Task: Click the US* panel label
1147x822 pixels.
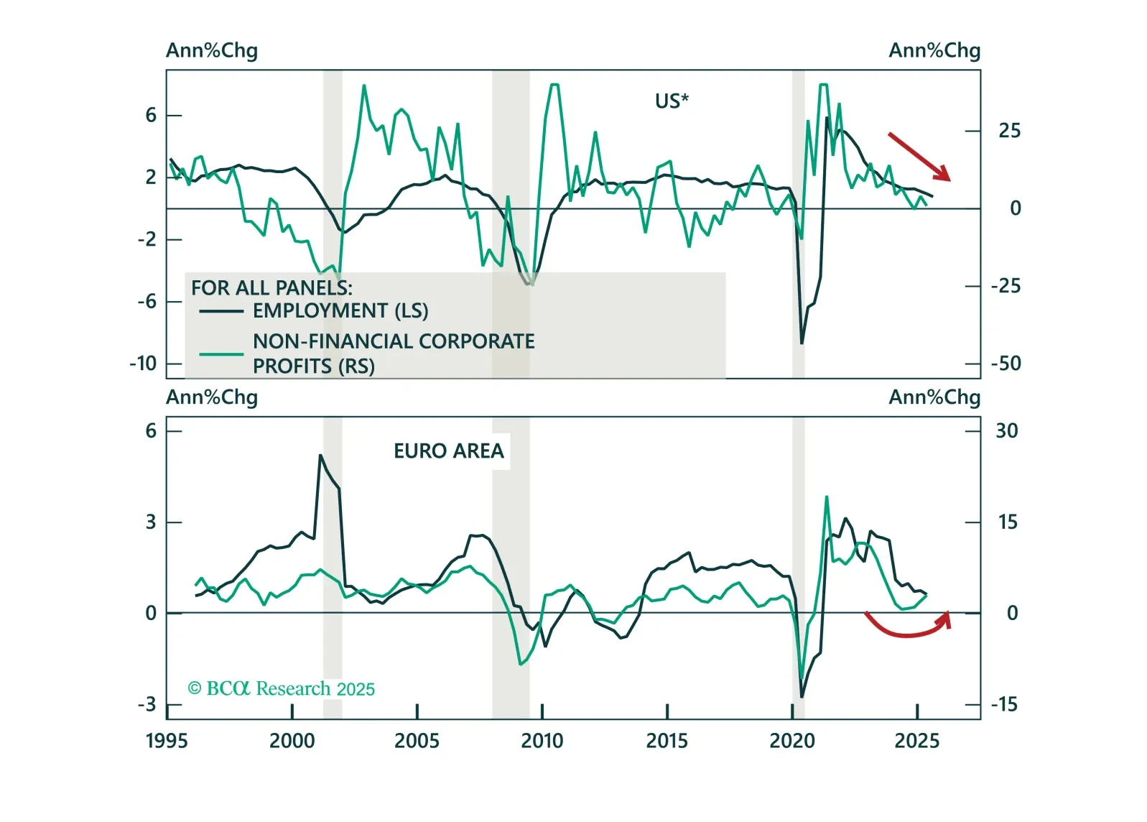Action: point(671,101)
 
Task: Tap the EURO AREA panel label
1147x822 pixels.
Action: point(449,451)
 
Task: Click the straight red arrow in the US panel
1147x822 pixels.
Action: point(919,156)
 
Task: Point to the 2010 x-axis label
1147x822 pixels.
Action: point(542,741)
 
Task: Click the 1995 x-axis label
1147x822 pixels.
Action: point(167,741)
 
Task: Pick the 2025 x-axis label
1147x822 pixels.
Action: point(916,741)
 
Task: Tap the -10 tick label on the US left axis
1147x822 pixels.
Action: point(143,364)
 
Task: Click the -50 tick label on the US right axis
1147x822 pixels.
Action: point(1006,364)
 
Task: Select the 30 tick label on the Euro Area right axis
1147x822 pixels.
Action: point(1006,431)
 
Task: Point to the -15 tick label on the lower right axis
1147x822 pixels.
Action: point(1003,705)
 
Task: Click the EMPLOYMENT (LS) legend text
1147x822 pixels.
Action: point(340,311)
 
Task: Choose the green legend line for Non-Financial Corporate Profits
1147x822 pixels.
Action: point(221,354)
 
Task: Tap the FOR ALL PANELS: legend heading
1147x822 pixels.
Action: point(271,288)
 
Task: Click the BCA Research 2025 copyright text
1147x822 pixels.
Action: point(281,689)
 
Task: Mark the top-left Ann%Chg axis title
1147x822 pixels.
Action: point(212,51)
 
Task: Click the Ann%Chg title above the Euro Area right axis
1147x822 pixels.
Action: point(934,397)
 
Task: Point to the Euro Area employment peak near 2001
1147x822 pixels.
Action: point(320,456)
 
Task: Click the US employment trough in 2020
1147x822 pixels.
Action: point(802,343)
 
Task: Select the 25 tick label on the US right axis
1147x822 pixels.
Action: point(1009,131)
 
